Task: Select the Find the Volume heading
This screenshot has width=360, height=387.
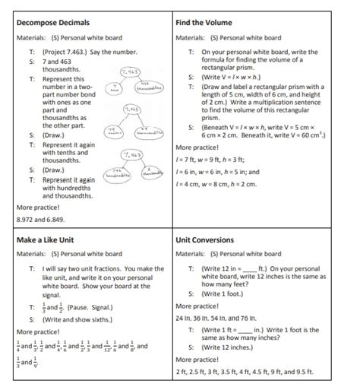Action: [x=205, y=22]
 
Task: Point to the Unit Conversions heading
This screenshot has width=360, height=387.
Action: [x=206, y=239]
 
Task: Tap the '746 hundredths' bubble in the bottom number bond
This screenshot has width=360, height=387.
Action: [x=118, y=172]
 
